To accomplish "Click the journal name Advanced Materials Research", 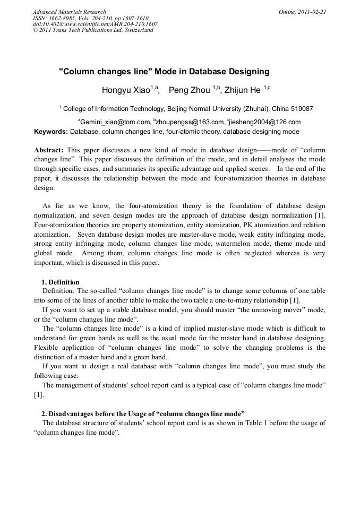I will click(x=69, y=12).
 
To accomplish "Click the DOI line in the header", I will click(x=95, y=24).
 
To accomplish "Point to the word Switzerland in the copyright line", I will click(x=137, y=30).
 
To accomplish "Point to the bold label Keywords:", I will click(x=51, y=132).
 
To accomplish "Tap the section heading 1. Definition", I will click(x=61, y=282).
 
